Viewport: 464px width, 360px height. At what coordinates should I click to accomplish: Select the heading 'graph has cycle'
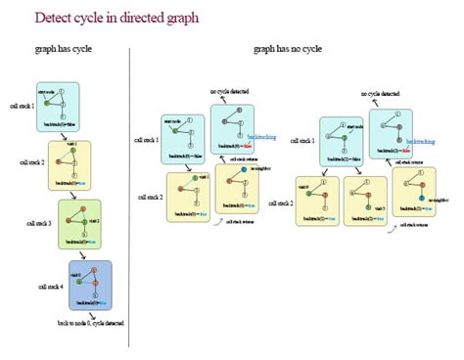(x=64, y=49)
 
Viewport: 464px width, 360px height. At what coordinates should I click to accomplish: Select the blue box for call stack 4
(x=90, y=286)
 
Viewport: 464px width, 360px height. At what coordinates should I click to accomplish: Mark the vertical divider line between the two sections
(x=129, y=196)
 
